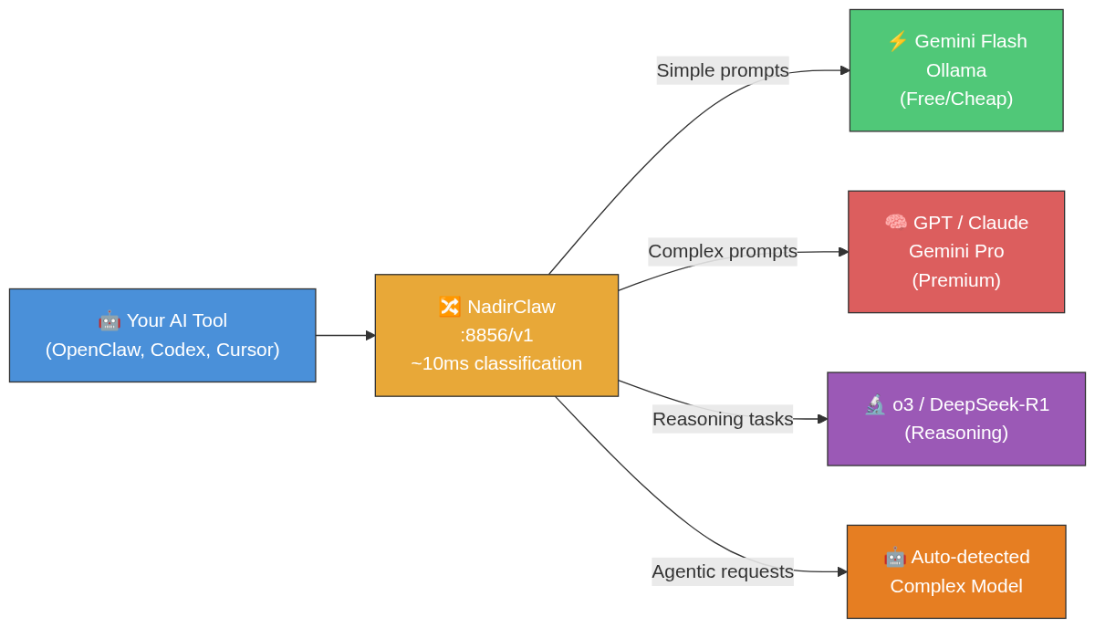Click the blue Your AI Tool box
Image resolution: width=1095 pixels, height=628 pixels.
point(162,335)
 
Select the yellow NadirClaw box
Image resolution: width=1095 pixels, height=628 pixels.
point(496,335)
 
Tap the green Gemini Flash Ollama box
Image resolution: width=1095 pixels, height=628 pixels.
point(956,70)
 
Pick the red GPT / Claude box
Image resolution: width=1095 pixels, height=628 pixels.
point(956,251)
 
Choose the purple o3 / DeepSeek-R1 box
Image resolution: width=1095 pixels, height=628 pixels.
point(956,418)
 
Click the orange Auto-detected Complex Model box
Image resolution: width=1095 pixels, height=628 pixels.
point(956,571)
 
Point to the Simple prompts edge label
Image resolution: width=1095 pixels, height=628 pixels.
point(723,70)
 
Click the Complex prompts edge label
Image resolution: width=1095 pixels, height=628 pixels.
point(723,251)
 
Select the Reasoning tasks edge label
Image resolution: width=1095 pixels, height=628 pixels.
point(723,419)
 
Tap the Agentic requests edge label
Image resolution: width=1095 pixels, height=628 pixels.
point(723,571)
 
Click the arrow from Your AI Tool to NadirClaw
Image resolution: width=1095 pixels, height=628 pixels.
point(345,335)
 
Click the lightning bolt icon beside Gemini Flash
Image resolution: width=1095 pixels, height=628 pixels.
point(897,41)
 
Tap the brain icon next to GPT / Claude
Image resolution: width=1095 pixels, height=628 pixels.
point(895,222)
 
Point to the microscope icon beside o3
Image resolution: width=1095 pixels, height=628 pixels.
point(875,404)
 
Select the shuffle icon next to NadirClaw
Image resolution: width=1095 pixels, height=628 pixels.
point(450,307)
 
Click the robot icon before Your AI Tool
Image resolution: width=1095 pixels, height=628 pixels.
point(109,320)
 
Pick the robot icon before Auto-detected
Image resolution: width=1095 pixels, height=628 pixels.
point(894,557)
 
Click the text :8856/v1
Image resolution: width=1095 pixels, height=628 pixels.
point(496,335)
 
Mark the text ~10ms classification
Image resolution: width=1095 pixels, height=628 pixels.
point(496,363)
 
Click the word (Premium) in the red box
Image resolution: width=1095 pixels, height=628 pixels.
point(956,280)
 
